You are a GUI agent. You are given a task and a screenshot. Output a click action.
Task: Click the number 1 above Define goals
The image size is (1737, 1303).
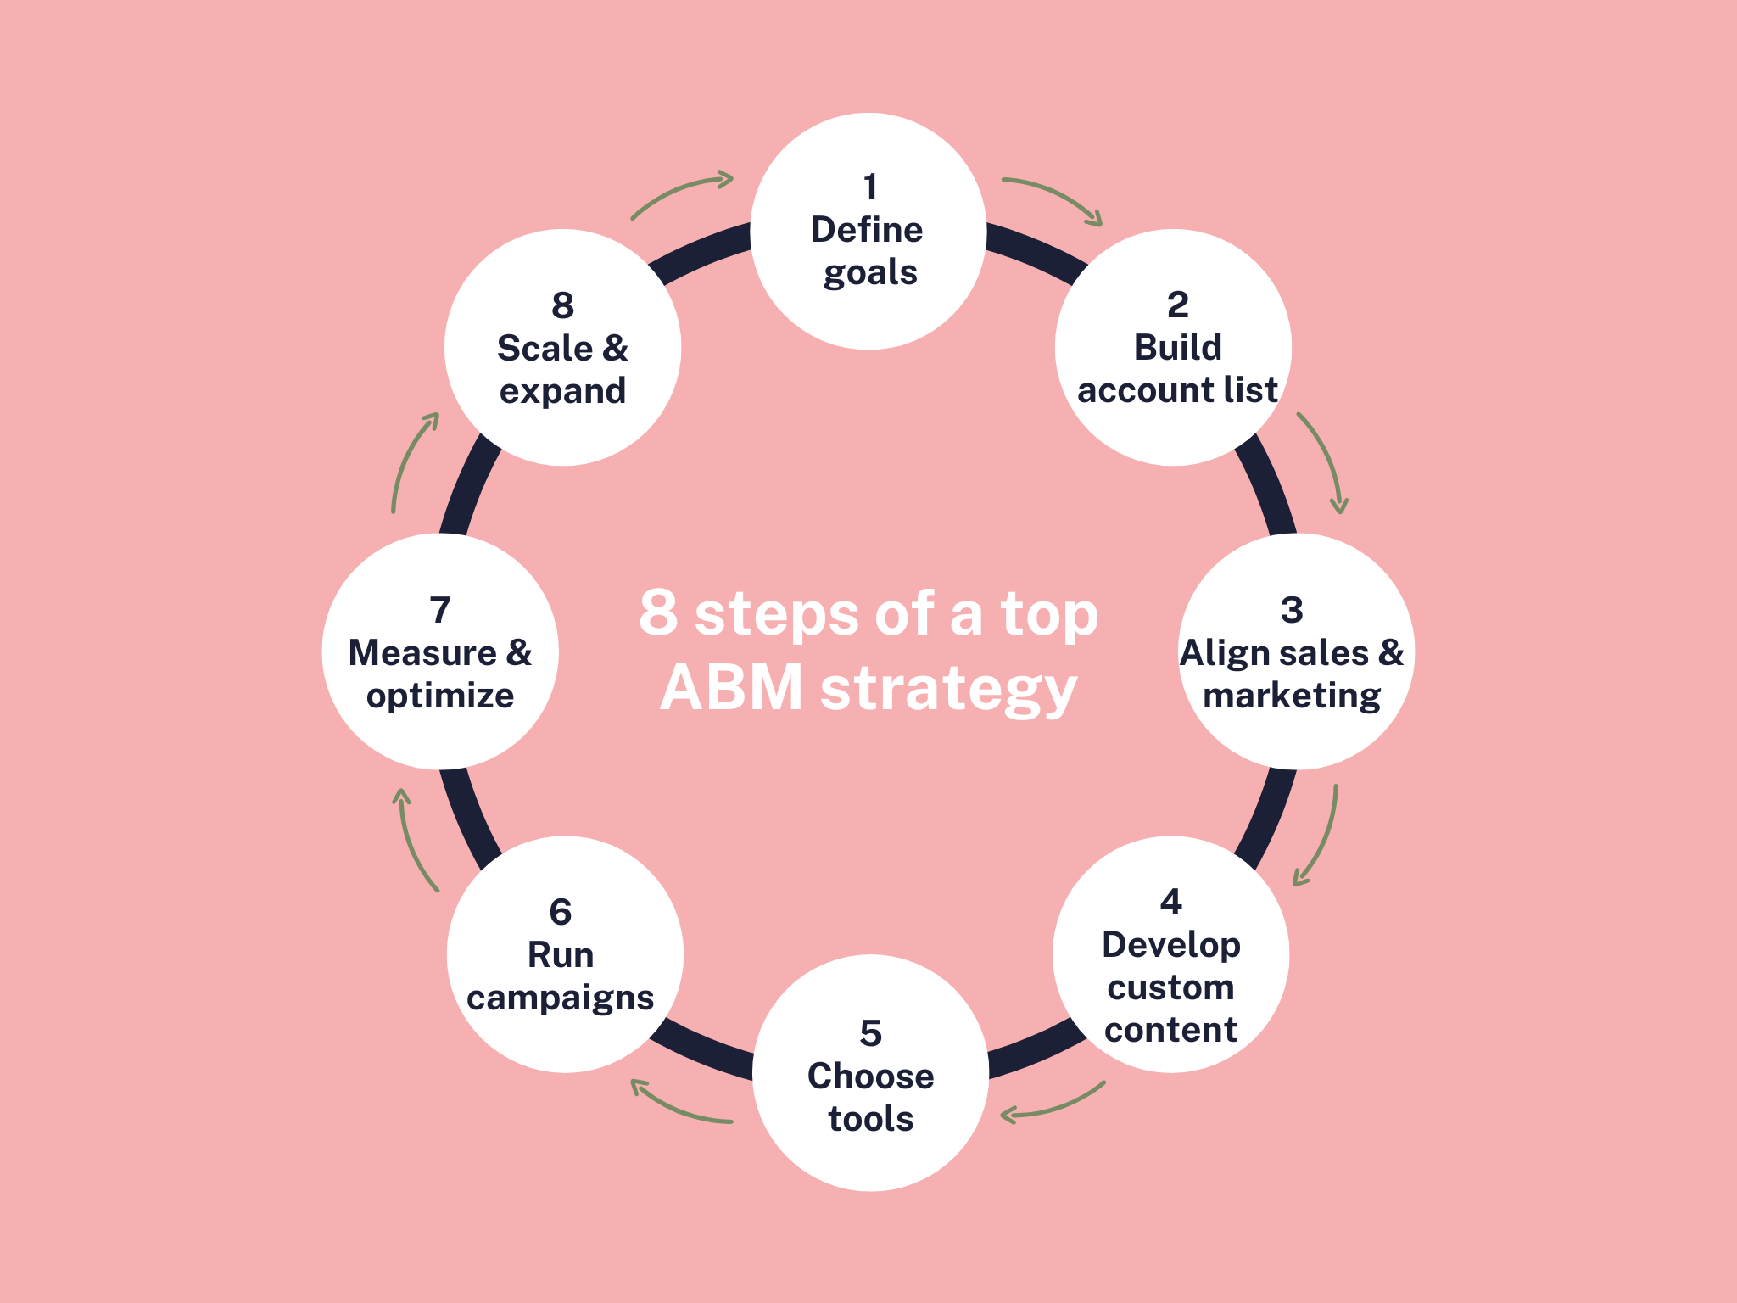[x=869, y=187]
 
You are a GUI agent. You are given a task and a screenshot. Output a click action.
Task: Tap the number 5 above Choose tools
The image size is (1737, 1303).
[x=871, y=1033]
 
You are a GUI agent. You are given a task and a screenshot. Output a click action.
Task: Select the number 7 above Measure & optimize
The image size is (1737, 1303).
[x=440, y=610]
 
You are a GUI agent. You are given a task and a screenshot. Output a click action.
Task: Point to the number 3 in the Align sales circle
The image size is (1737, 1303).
[x=1292, y=610]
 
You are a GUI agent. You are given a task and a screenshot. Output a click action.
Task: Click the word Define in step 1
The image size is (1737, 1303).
[x=867, y=230]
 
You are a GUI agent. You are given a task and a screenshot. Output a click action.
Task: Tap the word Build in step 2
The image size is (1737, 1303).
[x=1177, y=348]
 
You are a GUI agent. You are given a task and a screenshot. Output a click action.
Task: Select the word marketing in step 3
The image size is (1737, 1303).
[x=1292, y=696]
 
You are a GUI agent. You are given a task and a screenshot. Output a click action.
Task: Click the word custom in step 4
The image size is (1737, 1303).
[x=1170, y=987]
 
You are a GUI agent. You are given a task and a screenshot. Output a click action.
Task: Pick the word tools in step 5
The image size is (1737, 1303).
[x=871, y=1119]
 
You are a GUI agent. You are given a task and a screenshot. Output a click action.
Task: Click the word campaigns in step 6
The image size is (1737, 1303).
[x=561, y=998]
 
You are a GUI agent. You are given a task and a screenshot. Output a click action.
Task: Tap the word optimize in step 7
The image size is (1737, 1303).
[x=440, y=696]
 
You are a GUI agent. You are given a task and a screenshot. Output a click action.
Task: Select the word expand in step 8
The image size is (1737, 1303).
[x=562, y=391]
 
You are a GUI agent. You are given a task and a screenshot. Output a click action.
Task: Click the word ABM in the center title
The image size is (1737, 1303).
[x=732, y=688]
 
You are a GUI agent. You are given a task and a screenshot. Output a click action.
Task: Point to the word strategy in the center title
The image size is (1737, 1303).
[x=948, y=690]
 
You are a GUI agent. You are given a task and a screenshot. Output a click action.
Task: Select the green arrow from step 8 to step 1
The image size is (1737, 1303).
[x=679, y=193]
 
